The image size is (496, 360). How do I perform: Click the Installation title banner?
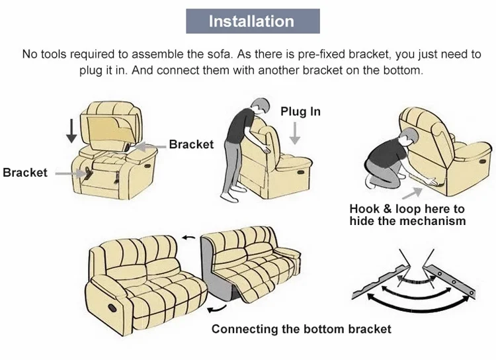tap(251, 21)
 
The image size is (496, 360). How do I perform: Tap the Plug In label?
tap(300, 111)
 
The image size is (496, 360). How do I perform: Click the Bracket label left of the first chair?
tap(25, 173)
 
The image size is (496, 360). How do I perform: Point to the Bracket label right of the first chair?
tap(191, 144)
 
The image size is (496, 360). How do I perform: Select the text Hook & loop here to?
tap(407, 209)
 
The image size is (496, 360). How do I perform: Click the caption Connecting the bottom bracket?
tap(301, 329)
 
